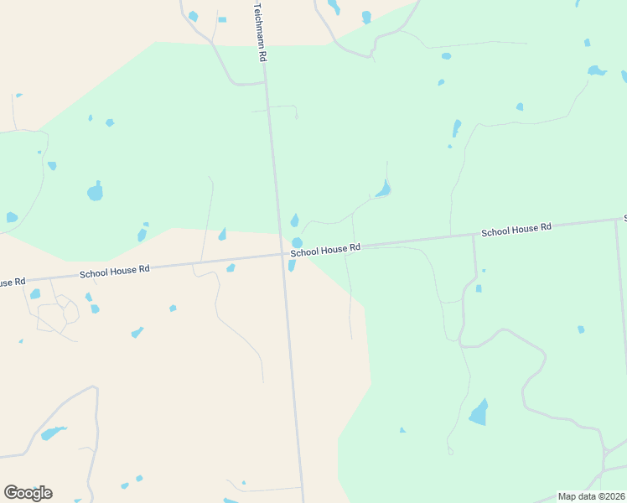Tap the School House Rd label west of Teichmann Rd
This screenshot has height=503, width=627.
click(x=114, y=271)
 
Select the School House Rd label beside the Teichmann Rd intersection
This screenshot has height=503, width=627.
click(x=325, y=249)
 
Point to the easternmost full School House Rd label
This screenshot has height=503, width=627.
click(x=516, y=229)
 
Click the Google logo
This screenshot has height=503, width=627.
click(x=28, y=493)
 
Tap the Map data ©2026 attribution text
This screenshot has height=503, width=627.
click(x=591, y=496)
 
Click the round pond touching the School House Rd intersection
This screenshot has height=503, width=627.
click(x=297, y=242)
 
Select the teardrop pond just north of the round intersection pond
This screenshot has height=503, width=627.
click(x=294, y=221)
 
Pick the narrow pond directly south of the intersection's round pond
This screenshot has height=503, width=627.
click(x=292, y=266)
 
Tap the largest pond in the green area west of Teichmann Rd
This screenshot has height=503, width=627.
click(x=96, y=192)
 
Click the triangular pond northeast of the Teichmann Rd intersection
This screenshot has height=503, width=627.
click(x=384, y=189)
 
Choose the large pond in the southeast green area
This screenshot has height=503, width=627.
click(x=479, y=412)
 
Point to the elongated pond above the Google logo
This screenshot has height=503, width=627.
click(x=53, y=433)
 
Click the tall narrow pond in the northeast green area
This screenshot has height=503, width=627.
click(x=456, y=128)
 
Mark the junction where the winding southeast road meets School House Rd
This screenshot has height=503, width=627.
click(x=474, y=235)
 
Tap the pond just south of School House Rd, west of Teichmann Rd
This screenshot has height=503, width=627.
click(x=231, y=268)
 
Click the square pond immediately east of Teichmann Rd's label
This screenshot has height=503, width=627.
click(x=222, y=19)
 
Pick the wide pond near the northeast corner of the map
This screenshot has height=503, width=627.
click(x=596, y=70)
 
